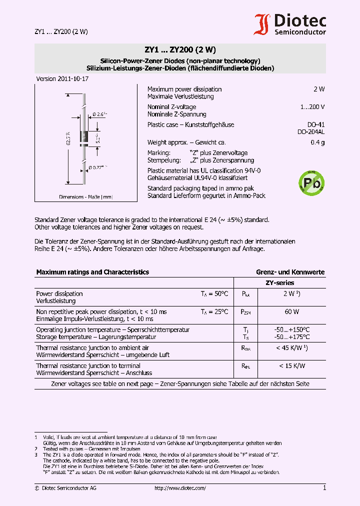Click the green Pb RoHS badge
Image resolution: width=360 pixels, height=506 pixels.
pyautogui.click(x=311, y=183)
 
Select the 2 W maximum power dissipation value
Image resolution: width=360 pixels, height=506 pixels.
pyautogui.click(x=319, y=89)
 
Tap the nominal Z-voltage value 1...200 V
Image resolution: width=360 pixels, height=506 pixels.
pyautogui.click(x=312, y=107)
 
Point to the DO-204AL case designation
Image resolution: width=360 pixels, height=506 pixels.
pyautogui.click(x=311, y=132)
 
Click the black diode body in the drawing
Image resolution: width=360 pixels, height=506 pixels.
pyautogui.click(x=84, y=135)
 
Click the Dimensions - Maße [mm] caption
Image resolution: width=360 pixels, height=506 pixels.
pyautogui.click(x=86, y=197)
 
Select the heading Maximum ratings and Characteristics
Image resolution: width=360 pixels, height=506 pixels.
pyautogui.click(x=92, y=272)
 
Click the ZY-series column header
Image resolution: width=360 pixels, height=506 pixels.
pyautogui.click(x=279, y=283)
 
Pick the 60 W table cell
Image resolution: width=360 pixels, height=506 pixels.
pyautogui.click(x=292, y=311)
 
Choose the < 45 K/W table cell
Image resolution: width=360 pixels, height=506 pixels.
pyautogui.click(x=292, y=347)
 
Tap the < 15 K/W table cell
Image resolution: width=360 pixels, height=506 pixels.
pyautogui.click(x=292, y=366)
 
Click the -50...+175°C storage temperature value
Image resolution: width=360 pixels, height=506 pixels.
pyautogui.click(x=292, y=337)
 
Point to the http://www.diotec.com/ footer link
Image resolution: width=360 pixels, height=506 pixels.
pyautogui.click(x=180, y=488)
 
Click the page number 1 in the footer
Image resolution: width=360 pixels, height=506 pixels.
pyautogui.click(x=324, y=487)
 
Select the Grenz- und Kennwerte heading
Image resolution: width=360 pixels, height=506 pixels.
pyautogui.click(x=290, y=272)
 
